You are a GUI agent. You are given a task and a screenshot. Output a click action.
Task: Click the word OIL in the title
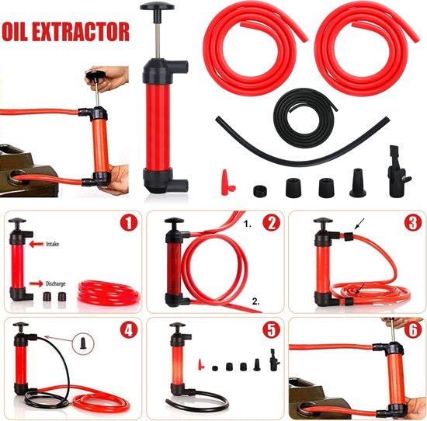pos(15,31)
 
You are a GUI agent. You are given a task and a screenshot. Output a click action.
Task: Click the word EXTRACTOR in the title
pos(81,32)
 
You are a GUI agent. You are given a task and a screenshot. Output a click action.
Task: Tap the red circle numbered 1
pos(129,223)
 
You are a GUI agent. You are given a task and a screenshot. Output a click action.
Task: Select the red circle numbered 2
pos(271,223)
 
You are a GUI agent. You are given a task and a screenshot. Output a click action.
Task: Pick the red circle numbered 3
pos(413,223)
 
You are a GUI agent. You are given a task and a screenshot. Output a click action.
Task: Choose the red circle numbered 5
pos(271,329)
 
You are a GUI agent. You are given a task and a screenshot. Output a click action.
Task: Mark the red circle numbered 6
pos(413,329)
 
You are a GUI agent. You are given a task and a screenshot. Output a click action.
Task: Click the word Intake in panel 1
pos(52,244)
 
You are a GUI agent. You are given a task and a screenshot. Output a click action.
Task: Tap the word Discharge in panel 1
pos(56,284)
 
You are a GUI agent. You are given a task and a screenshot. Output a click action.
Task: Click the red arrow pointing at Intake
pos(36,244)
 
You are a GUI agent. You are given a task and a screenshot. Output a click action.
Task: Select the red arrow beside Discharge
pos(36,284)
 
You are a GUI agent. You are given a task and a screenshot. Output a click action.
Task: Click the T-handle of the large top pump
pos(157,6)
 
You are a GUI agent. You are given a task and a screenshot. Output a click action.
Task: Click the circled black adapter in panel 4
pos(83,343)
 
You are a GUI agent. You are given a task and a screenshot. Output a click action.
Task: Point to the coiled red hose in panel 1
pos(109,294)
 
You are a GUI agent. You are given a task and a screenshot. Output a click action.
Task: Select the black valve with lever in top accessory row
pos(398,172)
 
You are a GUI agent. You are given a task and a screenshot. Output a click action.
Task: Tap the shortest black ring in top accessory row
pos(260,191)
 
